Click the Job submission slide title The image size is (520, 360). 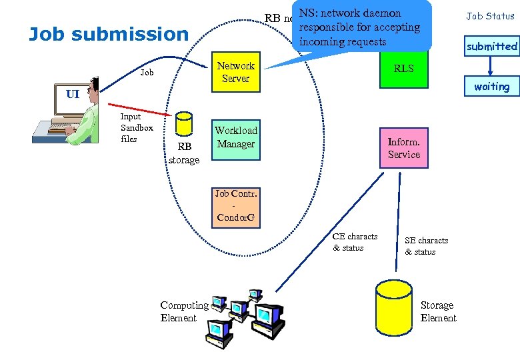[109, 34]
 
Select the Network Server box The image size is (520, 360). [235, 72]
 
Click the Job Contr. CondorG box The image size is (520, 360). [235, 206]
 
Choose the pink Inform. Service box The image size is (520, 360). [403, 148]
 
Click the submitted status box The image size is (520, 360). [491, 47]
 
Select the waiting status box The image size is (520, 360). [491, 87]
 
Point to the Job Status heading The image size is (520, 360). [490, 16]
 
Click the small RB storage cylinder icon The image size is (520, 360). [183, 125]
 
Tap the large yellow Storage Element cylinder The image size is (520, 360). [393, 310]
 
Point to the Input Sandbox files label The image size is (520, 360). [137, 127]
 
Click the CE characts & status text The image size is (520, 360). [355, 242]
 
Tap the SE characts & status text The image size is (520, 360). [426, 246]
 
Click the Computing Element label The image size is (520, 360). [184, 311]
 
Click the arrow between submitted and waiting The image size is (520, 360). [491, 66]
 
